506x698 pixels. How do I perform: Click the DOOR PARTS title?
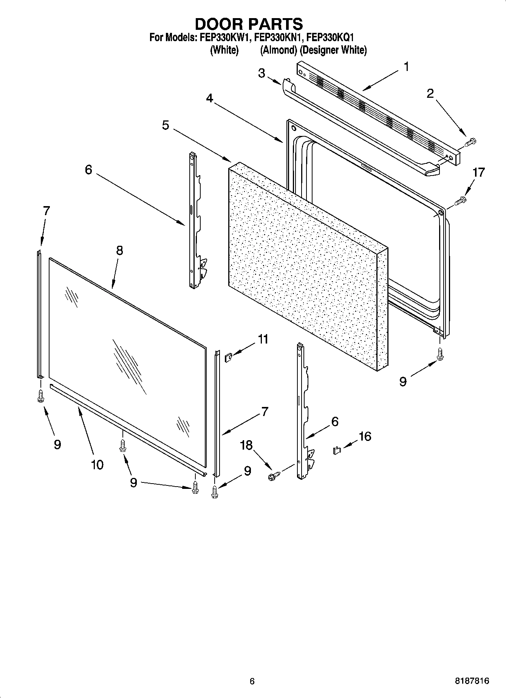pyautogui.click(x=249, y=24)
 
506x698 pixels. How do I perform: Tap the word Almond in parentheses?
pyautogui.click(x=278, y=50)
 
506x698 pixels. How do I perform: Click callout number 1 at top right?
pyautogui.click(x=406, y=67)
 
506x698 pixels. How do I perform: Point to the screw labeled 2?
pyautogui.click(x=471, y=142)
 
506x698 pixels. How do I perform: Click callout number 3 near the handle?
pyautogui.click(x=262, y=73)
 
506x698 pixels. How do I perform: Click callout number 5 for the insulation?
pyautogui.click(x=166, y=125)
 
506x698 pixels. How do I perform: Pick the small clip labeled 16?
pyautogui.click(x=336, y=450)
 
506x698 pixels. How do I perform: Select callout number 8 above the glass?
pyautogui.click(x=119, y=250)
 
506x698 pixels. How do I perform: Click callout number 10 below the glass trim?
pyautogui.click(x=97, y=464)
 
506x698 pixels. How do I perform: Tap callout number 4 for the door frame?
pyautogui.click(x=209, y=98)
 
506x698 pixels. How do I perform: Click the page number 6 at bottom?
pyautogui.click(x=252, y=681)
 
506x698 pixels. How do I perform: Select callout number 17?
pyautogui.click(x=478, y=173)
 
